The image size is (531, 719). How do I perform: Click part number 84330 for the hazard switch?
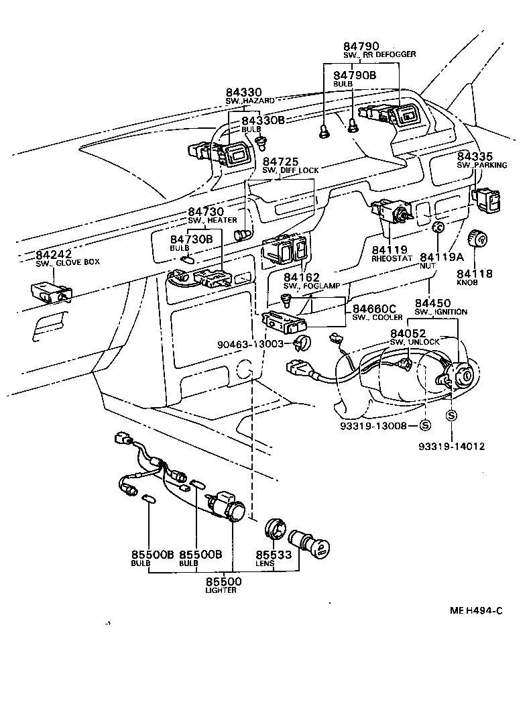pos(243,92)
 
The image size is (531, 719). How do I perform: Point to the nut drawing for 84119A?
pos(437,229)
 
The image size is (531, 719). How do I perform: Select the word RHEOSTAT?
pos(390,258)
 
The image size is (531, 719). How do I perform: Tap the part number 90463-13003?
pos(254,344)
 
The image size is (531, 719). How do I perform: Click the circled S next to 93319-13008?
pos(424,425)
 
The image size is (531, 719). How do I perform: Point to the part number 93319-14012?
pos(451,446)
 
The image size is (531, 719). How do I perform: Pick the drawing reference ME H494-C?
pos(475,611)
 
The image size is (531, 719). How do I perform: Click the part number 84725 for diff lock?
pos(280,162)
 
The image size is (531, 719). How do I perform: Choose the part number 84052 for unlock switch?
pos(408,333)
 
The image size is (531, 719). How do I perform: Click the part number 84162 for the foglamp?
pos(301,276)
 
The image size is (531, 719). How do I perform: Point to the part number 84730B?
pos(191,239)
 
